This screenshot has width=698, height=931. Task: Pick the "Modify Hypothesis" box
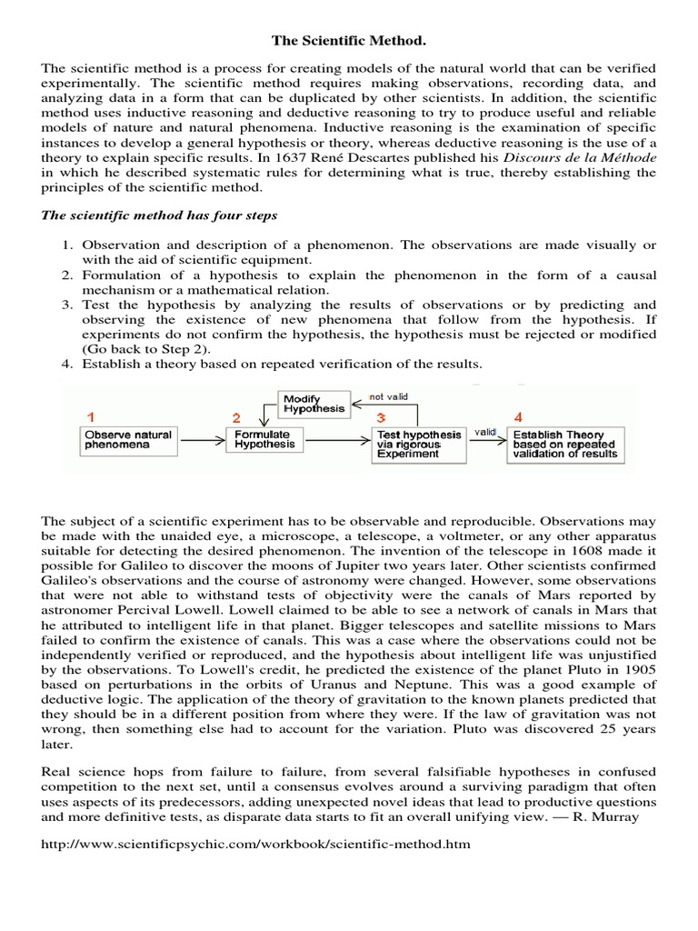(314, 404)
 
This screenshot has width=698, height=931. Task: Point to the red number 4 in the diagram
(518, 417)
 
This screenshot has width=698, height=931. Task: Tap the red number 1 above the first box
(90, 417)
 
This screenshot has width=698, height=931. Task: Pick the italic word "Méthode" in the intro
(627, 155)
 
